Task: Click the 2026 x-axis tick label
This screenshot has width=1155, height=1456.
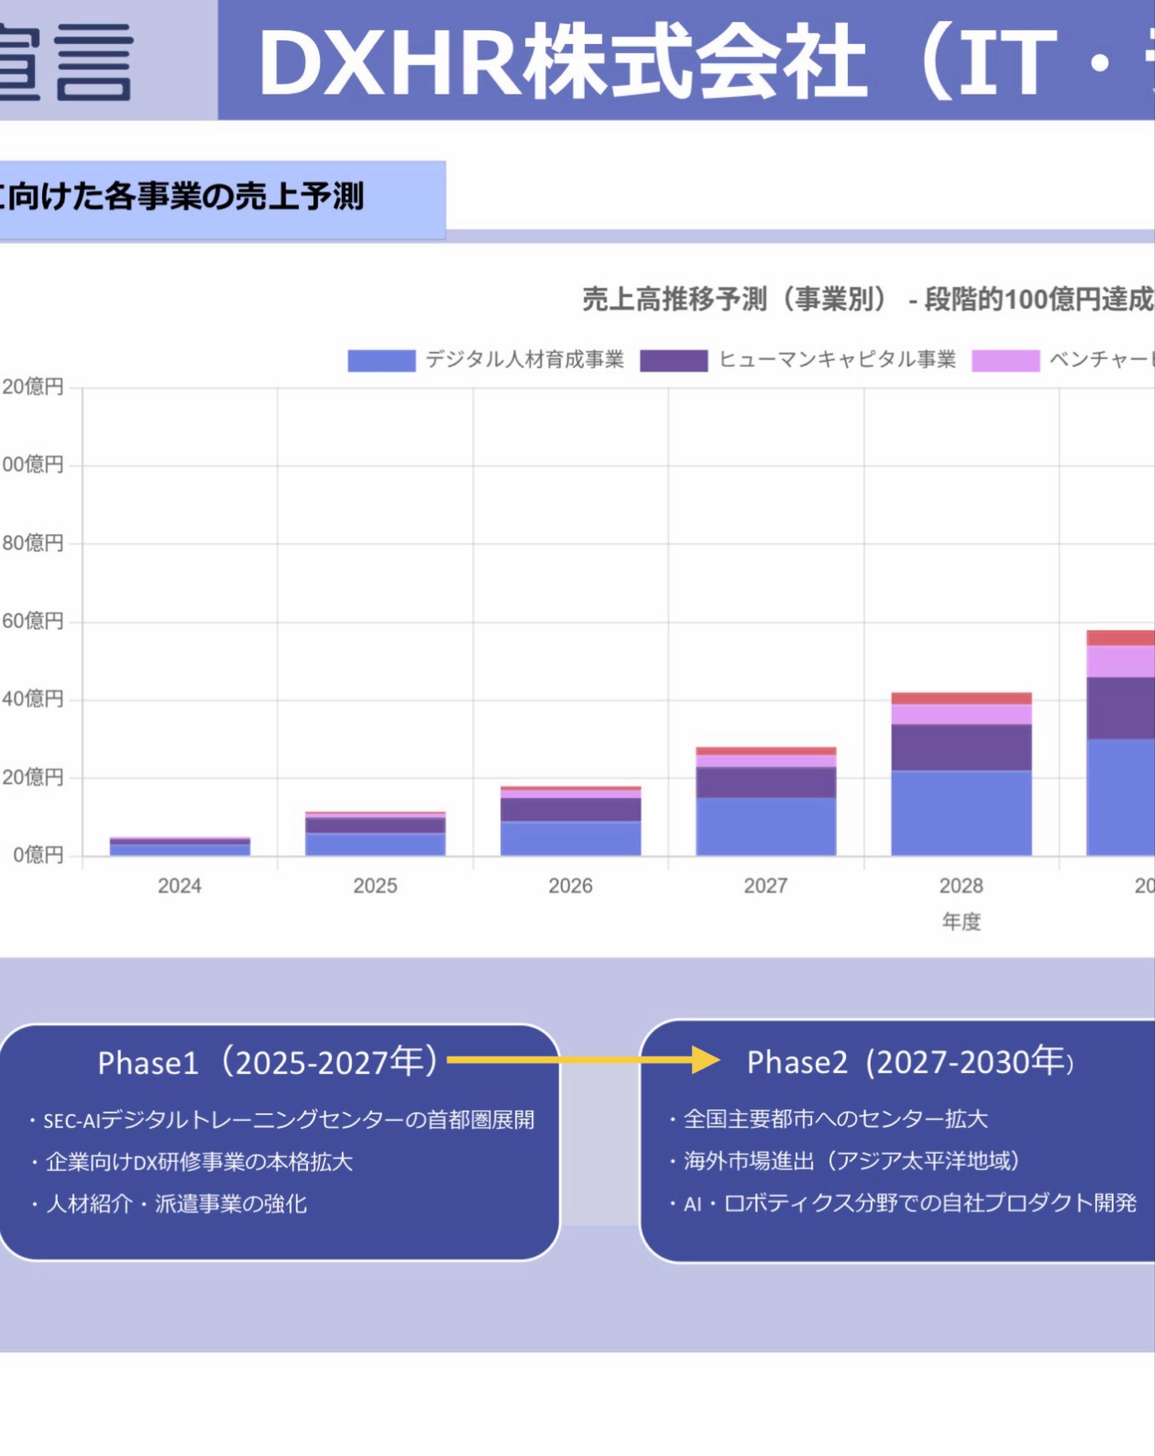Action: pos(570,886)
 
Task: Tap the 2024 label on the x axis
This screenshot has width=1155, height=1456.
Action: pos(180,886)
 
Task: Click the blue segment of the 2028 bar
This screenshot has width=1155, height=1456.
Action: pos(961,813)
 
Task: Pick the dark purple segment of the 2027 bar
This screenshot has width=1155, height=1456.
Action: pos(766,782)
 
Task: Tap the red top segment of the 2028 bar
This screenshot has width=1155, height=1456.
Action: pos(961,698)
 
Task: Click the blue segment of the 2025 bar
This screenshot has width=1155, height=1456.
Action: pos(375,844)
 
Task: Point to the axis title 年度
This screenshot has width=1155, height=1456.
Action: pos(961,921)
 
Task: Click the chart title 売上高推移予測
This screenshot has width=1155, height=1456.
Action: pos(676,299)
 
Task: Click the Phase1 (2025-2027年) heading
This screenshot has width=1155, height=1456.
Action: pos(269,1062)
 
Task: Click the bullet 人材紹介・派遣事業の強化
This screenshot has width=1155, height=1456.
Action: pos(176,1204)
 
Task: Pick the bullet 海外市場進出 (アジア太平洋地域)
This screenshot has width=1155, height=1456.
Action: pos(851,1161)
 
